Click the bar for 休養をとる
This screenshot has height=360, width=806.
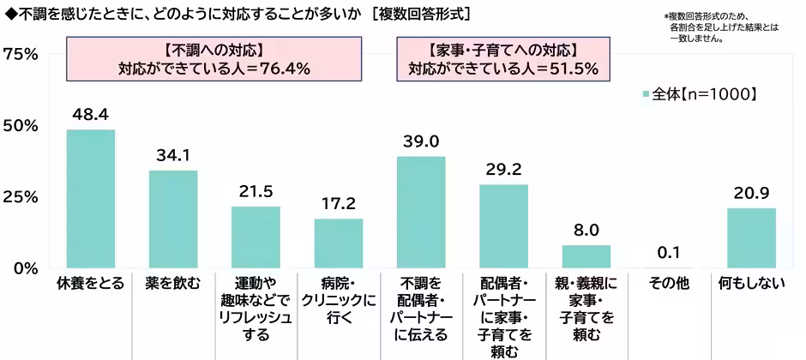pyautogui.click(x=91, y=199)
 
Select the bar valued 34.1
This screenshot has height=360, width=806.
pyautogui.click(x=173, y=219)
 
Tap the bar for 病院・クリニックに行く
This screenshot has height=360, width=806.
pyautogui.click(x=339, y=243)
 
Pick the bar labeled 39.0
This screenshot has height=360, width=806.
pyautogui.click(x=421, y=213)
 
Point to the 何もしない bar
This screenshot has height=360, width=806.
pyautogui.click(x=751, y=238)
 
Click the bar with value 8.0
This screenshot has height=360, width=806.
pyautogui.click(x=586, y=256)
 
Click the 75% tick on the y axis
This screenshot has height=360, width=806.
pyautogui.click(x=20, y=54)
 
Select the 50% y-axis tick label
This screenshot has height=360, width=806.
pyautogui.click(x=20, y=125)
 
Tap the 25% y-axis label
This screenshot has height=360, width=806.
pyautogui.click(x=20, y=197)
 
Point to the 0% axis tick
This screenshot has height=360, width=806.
pyautogui.click(x=25, y=268)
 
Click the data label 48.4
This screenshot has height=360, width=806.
pyautogui.click(x=91, y=113)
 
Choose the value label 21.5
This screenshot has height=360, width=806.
pyautogui.click(x=256, y=190)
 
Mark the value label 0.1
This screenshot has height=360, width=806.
pyautogui.click(x=669, y=252)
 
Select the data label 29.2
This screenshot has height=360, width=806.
pyautogui.click(x=503, y=168)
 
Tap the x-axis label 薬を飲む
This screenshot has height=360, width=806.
pyautogui.click(x=173, y=284)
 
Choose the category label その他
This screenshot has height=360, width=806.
pyautogui.click(x=669, y=284)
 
